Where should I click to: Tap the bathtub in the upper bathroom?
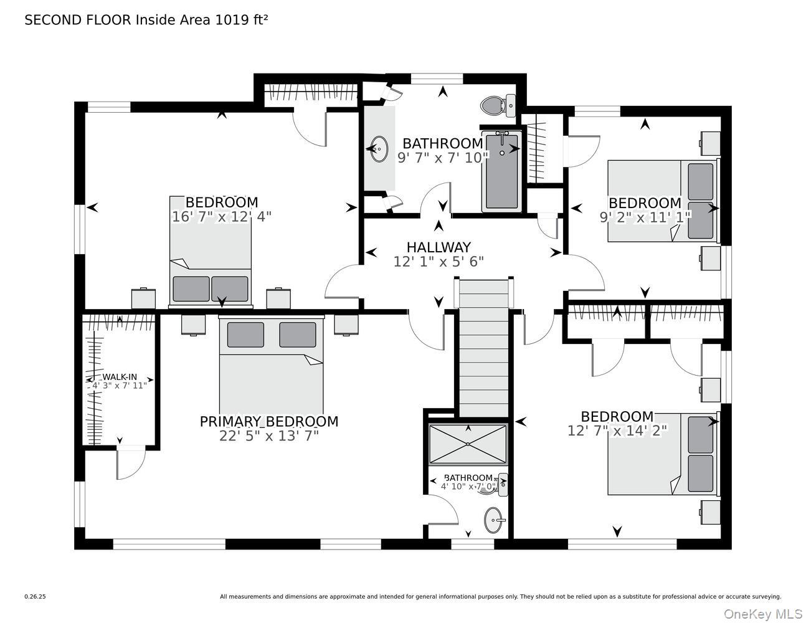[501, 172]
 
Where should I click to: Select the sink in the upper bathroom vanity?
[379, 150]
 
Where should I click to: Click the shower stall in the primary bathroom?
[468, 444]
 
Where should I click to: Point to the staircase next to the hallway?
[483, 349]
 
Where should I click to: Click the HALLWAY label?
[439, 247]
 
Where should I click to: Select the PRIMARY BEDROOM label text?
[269, 422]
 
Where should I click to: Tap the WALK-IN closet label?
[120, 377]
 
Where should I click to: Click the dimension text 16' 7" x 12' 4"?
[222, 216]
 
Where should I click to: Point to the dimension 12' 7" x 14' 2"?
[617, 430]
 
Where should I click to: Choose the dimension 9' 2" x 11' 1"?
[645, 216]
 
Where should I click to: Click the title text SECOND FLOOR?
[78, 20]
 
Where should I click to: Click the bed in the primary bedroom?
[272, 368]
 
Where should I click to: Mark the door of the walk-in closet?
[130, 464]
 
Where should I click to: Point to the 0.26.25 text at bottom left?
[35, 596]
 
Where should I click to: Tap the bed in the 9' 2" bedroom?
[663, 201]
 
